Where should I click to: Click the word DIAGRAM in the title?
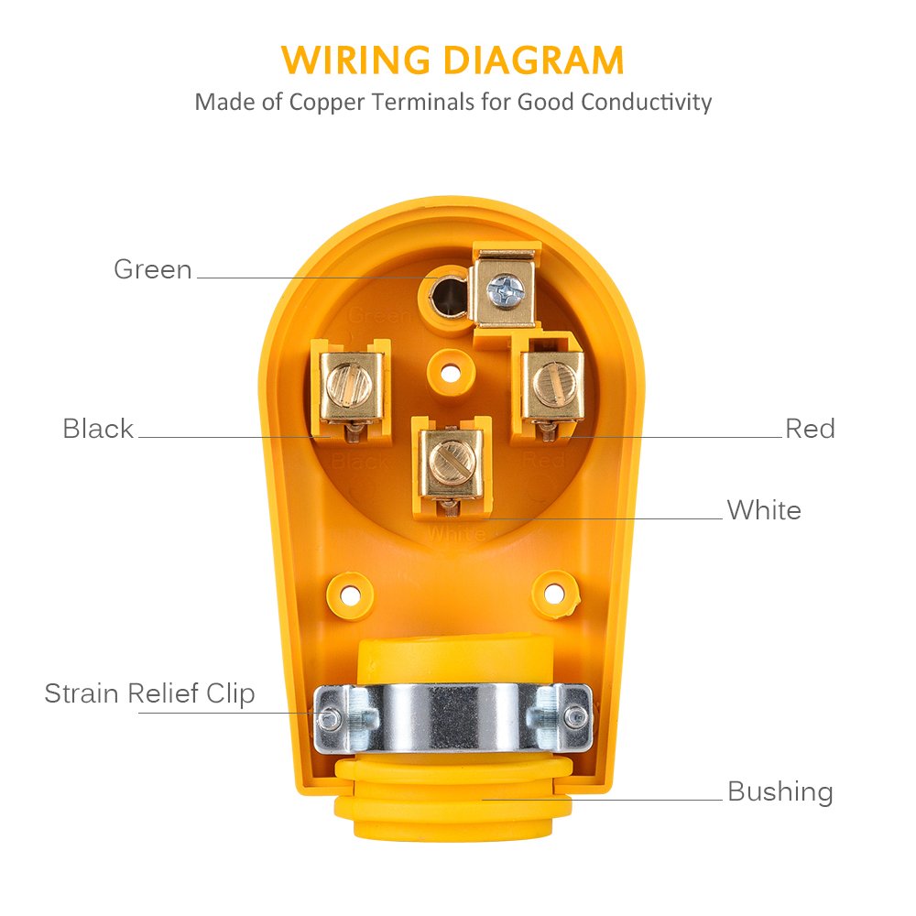point(534,60)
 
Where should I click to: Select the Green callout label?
point(153,269)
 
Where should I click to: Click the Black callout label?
point(98,429)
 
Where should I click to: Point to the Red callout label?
point(810,429)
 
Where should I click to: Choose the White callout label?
point(764,510)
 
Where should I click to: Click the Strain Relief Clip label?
point(149,693)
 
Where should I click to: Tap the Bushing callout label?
point(780,791)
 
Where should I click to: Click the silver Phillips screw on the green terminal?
point(505,289)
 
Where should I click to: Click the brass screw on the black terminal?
point(352,385)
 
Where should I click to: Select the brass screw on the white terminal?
point(452,456)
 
